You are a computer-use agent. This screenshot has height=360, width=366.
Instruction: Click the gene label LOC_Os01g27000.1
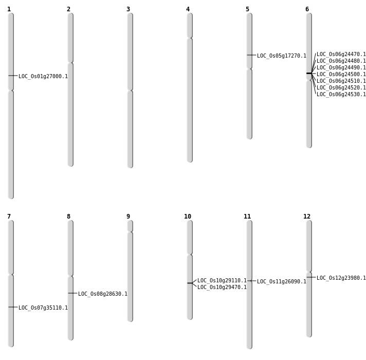[x=43, y=76]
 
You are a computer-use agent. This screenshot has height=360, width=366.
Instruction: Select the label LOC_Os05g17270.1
[x=282, y=56]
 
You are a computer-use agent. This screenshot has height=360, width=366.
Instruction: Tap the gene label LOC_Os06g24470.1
[x=341, y=54]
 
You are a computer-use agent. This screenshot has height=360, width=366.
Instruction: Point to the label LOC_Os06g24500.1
[x=341, y=74]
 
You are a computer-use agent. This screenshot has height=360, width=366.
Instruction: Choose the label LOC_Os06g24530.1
[x=341, y=94]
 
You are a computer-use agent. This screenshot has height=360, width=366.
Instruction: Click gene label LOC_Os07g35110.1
[x=43, y=308]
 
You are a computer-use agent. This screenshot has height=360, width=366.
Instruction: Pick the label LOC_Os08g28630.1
[x=103, y=294]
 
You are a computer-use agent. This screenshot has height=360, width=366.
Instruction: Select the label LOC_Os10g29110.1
[x=222, y=280]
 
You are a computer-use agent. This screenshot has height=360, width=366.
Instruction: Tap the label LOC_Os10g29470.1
[x=222, y=287]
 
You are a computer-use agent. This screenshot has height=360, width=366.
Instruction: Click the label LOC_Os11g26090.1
[x=282, y=281]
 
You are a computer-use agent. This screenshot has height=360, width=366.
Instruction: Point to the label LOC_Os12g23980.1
[x=341, y=278]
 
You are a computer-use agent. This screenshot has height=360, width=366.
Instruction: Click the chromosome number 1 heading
[x=9, y=9]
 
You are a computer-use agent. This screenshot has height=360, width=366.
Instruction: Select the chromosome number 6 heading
[x=307, y=9]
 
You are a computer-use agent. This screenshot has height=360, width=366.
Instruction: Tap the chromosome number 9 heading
[x=128, y=217]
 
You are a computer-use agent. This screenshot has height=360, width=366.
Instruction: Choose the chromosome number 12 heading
[x=307, y=217]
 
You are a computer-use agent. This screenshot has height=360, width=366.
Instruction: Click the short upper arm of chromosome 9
[x=130, y=226]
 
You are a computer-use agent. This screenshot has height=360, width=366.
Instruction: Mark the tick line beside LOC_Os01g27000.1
[x=13, y=76]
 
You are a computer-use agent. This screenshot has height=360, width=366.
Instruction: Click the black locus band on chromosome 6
[x=309, y=73]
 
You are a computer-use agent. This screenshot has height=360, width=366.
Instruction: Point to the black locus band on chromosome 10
[x=190, y=283]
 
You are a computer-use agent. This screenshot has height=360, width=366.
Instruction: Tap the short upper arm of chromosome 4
[x=190, y=25]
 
